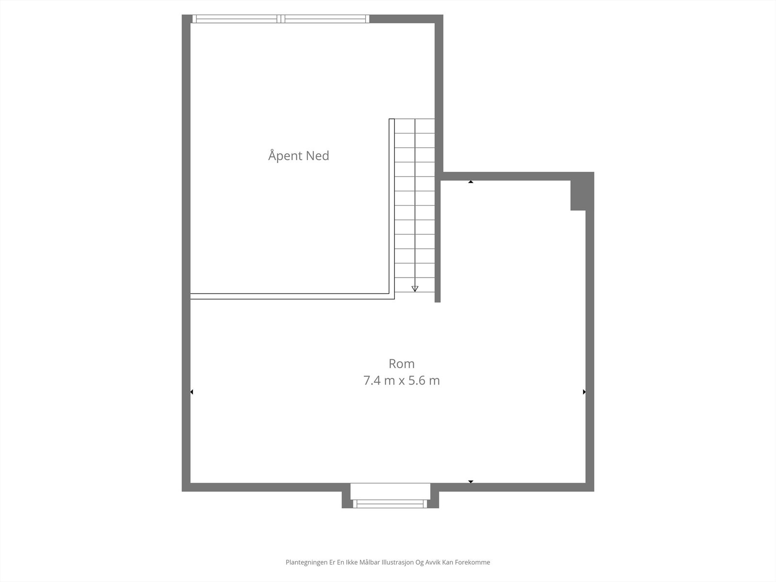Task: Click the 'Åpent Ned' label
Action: [299, 156]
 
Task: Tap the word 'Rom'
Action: [402, 363]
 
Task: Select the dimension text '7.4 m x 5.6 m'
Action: [402, 380]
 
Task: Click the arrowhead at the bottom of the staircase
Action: [415, 289]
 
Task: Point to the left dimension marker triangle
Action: [192, 392]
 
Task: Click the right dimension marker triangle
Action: [584, 392]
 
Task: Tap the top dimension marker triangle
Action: [470, 182]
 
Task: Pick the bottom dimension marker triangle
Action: [470, 482]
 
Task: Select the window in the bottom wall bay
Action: [390, 504]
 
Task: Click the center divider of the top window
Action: [280, 19]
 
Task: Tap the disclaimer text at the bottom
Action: [388, 563]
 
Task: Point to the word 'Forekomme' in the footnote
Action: [474, 563]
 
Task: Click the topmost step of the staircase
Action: [415, 126]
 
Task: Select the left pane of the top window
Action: [236, 19]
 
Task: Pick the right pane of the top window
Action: [324, 19]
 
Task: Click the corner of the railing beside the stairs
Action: [392, 296]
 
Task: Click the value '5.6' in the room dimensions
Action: [418, 380]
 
